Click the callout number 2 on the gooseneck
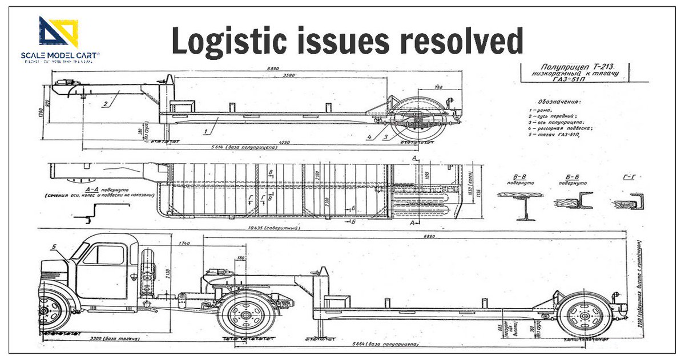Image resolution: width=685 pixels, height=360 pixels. pos(106,104)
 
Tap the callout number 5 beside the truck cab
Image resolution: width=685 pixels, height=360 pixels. pos(55,246)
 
